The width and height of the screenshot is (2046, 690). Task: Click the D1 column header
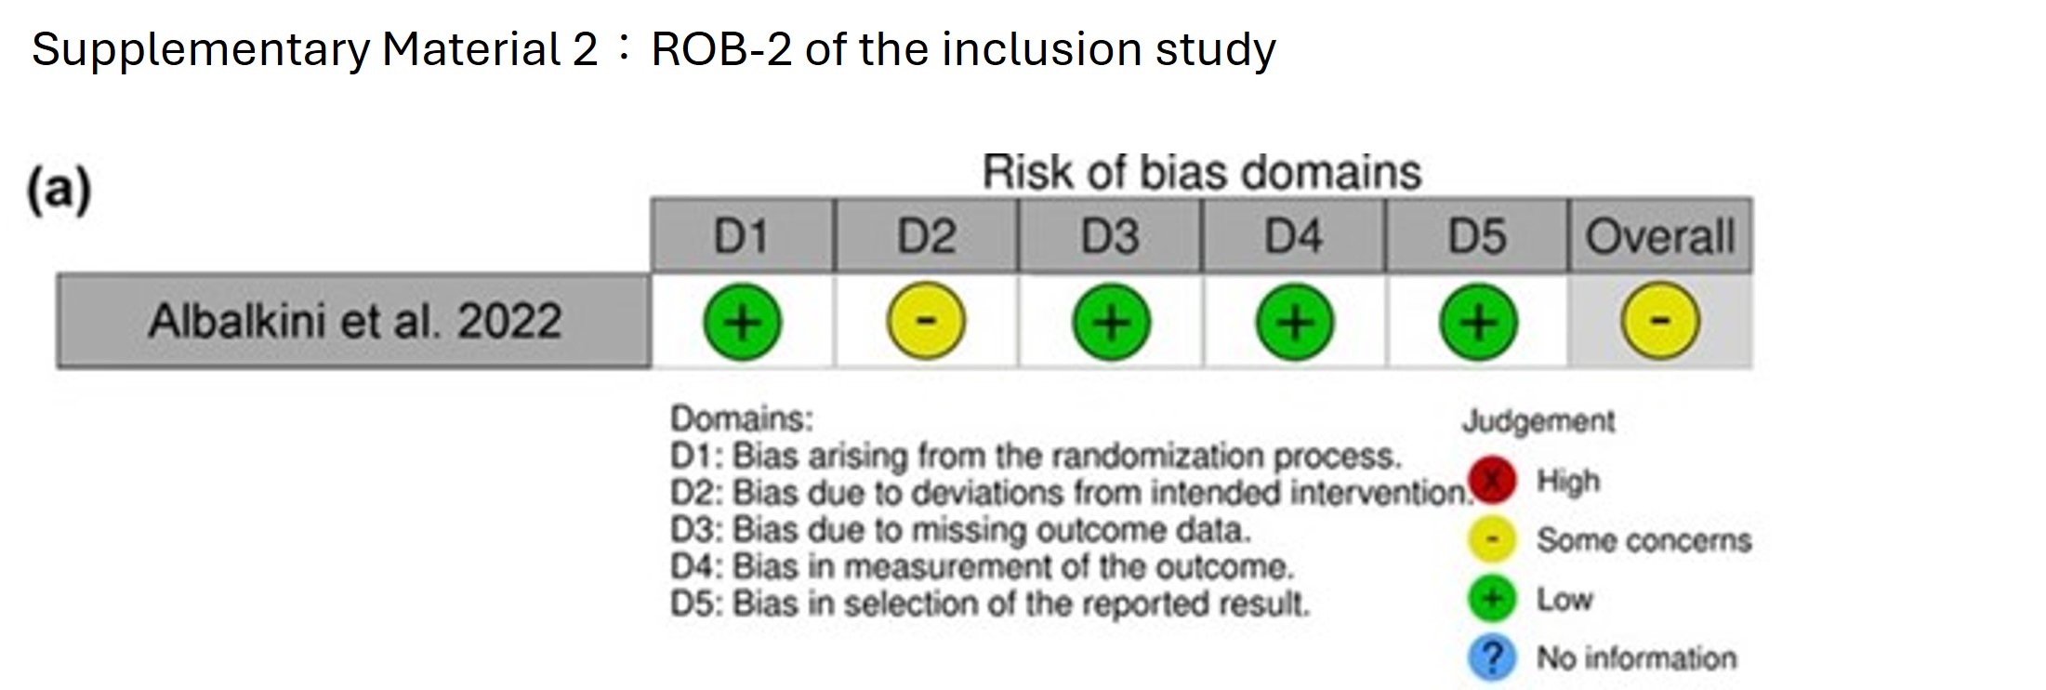point(742,235)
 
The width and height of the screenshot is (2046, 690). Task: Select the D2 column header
point(926,235)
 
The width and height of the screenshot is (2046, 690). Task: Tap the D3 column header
point(1109,235)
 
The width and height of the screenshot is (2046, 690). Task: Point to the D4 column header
point(1293,235)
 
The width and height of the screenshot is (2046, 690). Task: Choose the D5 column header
point(1476,235)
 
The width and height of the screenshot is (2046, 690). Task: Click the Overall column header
point(1660,235)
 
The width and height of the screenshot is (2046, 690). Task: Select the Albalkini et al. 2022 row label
point(354,321)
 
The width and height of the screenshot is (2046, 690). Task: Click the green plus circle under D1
point(742,322)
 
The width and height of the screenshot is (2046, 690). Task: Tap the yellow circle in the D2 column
point(926,322)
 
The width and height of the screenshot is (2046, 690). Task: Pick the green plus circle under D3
point(1111,322)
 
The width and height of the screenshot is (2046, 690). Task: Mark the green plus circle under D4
point(1295,322)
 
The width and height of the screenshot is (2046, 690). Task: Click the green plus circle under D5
point(1478,322)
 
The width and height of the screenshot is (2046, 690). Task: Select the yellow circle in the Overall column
point(1661,322)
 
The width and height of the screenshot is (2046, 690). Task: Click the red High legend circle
point(1492,481)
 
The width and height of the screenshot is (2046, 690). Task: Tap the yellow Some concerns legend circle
point(1492,539)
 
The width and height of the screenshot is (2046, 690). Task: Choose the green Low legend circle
point(1492,598)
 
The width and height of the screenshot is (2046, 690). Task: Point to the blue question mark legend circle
point(1492,657)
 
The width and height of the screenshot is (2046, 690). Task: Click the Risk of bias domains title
point(1202,172)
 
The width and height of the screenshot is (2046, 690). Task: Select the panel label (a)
point(59,189)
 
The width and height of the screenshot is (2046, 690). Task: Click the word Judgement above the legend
point(1538,422)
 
